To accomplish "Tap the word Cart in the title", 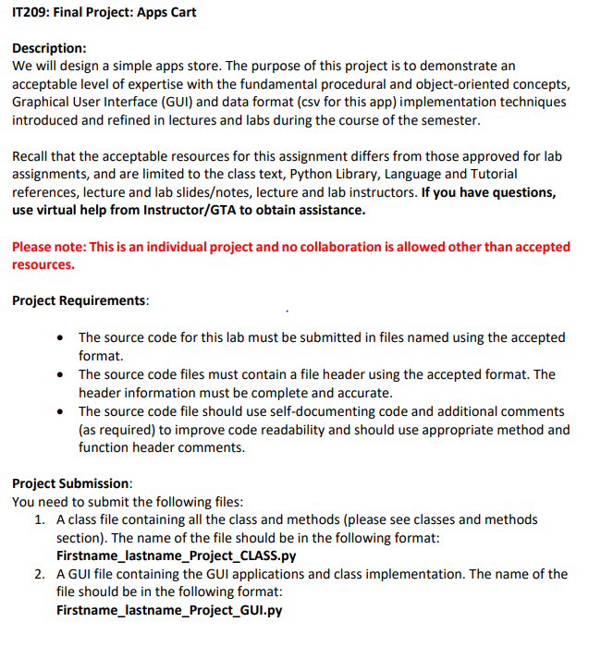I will (181, 13).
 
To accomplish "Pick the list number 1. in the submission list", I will (39, 519).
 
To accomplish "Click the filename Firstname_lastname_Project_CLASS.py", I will (176, 556).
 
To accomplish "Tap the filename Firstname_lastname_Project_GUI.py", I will (168, 611).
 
